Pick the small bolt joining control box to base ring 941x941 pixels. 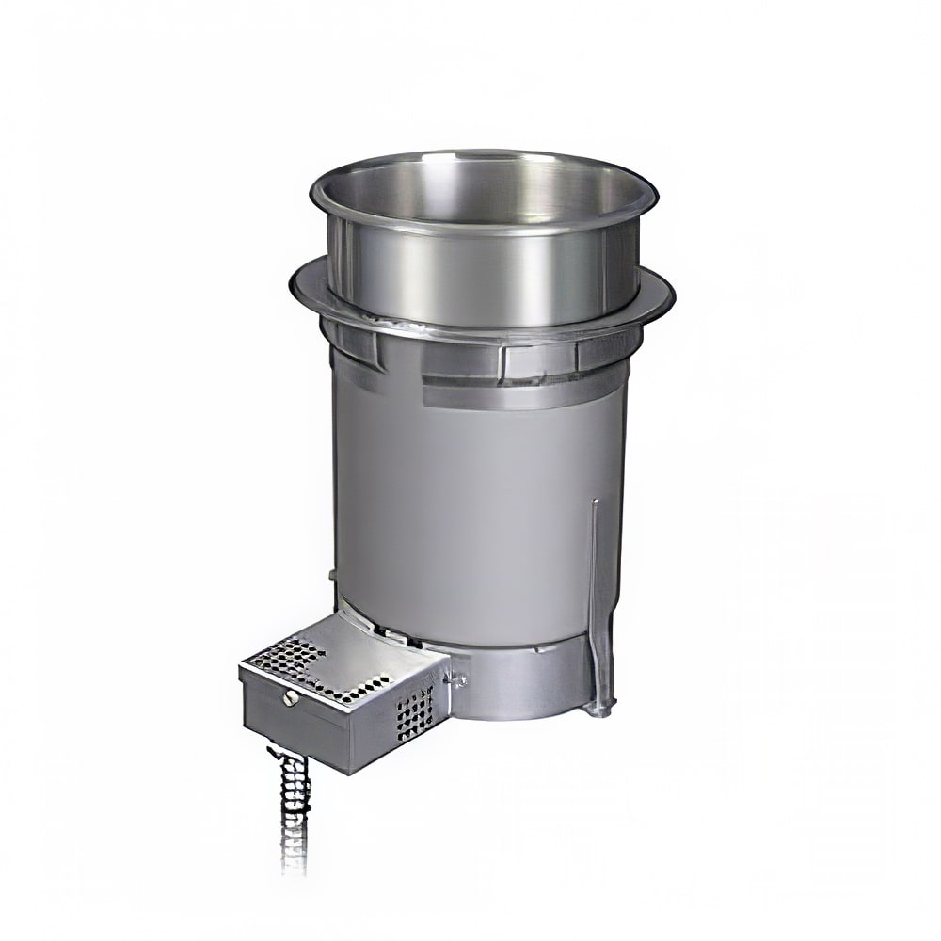[461, 676]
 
